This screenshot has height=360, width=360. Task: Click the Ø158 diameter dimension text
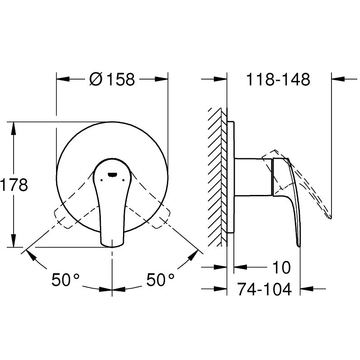point(112,80)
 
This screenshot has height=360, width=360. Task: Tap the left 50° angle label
point(65,280)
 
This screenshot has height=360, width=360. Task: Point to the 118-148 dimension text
point(278,80)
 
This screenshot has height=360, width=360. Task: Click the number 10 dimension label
point(281,267)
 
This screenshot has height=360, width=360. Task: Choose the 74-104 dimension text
point(264,289)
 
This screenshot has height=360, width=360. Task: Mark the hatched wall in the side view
point(217,176)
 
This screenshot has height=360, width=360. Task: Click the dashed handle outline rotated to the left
point(68,213)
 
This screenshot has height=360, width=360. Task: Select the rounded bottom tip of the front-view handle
point(112,243)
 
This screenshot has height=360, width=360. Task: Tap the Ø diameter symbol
point(95,80)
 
